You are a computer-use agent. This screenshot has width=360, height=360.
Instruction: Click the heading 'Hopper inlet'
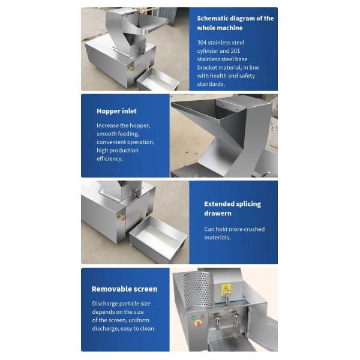point(116,111)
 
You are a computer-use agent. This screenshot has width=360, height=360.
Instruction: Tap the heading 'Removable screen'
point(124,289)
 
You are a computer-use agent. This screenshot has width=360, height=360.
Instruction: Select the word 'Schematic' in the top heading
point(212,19)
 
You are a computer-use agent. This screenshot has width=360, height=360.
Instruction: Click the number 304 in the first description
point(202,43)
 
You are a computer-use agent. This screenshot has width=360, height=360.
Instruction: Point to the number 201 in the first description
point(235,51)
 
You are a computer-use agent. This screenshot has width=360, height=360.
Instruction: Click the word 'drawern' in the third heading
point(218,213)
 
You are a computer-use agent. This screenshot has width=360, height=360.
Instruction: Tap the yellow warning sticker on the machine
point(226,289)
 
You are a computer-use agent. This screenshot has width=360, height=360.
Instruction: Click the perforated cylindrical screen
point(198,290)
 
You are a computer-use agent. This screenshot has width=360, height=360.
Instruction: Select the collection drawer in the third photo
point(158,239)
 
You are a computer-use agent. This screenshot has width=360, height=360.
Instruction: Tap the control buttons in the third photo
point(121,217)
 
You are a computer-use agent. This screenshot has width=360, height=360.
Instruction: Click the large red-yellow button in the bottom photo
point(197,323)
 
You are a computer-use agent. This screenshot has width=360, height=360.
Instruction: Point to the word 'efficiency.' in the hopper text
point(110,158)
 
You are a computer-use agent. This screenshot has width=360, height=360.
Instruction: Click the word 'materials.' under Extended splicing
point(217,238)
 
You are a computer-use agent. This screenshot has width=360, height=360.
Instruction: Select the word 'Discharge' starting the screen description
point(103,304)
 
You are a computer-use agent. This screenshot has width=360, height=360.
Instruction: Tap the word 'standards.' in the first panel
point(211,84)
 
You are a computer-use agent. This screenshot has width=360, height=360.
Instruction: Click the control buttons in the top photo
point(131,67)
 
